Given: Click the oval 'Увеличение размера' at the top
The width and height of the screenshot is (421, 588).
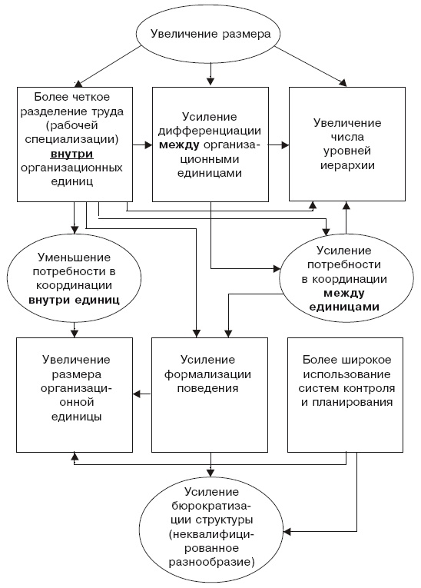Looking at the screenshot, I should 210,34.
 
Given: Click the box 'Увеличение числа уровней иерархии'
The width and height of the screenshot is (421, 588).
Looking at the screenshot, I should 346,144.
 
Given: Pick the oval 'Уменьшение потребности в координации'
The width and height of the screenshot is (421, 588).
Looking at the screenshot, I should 74,277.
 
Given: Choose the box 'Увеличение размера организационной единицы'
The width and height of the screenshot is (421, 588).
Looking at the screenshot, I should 75,394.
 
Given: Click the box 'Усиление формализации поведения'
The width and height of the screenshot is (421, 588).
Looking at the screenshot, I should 210,394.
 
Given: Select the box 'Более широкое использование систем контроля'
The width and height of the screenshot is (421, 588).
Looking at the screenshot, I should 346,394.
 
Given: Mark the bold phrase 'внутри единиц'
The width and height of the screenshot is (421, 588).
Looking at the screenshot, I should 74,298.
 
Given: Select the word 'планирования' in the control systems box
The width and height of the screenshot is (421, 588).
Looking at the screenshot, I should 347,401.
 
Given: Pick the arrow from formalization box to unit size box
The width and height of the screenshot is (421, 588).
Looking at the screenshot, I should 141,394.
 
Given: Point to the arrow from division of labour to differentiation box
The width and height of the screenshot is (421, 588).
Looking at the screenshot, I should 142,144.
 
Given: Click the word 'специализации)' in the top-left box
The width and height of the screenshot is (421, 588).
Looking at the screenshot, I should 75,140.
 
